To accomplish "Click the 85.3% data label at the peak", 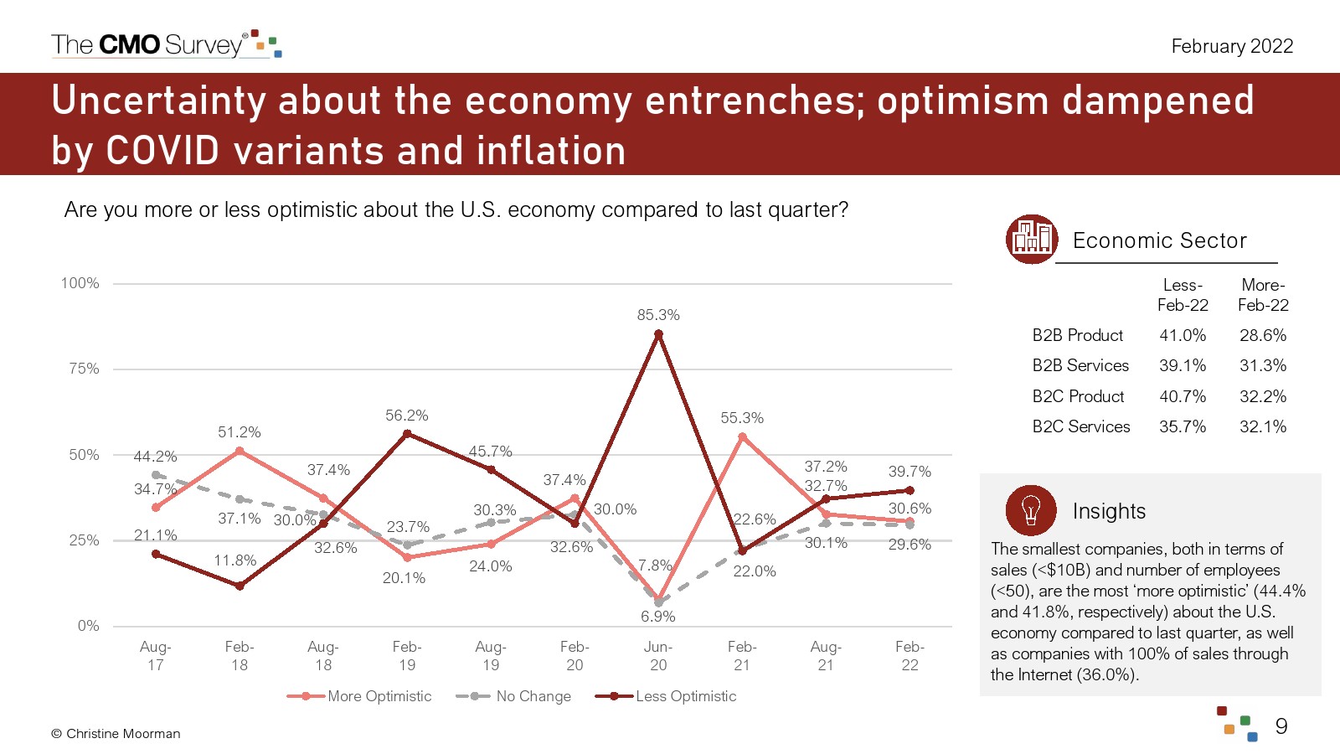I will (x=658, y=315).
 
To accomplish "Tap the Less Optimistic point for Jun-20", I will (x=658, y=334).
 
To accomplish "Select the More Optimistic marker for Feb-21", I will (x=742, y=436).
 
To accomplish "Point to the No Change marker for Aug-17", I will (x=155, y=474).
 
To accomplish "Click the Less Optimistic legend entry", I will (x=666, y=696).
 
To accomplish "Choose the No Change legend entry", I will (x=514, y=696).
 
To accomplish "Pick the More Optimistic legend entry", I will (x=359, y=696).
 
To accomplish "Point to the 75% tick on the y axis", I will (x=84, y=369).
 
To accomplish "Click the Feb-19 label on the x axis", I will (x=407, y=656).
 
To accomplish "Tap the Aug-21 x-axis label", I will (x=826, y=656).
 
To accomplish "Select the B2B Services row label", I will (x=1080, y=365).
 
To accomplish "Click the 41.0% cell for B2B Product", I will (x=1183, y=335).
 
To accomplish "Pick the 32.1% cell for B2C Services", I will (x=1263, y=426).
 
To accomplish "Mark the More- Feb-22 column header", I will (x=1263, y=295).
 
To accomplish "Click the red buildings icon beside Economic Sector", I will (x=1031, y=240).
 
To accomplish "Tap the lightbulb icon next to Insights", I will (x=1031, y=510).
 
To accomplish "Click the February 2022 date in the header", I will (x=1232, y=46).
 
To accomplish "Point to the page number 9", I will (x=1281, y=726).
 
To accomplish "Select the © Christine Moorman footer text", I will (x=116, y=734).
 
